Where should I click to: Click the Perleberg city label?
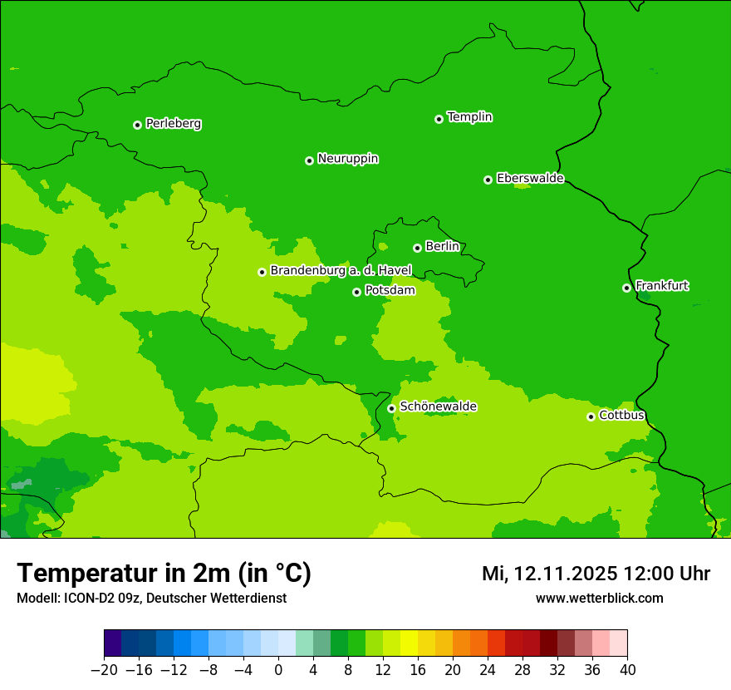tap(174, 124)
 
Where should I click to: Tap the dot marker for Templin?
tap(439, 119)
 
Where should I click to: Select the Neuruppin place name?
tap(348, 159)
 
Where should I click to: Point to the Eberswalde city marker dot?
tap(488, 180)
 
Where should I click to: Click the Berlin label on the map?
tap(442, 247)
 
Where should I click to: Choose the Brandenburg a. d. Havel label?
tap(341, 271)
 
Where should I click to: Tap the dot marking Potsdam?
tap(356, 292)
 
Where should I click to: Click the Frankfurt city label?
tap(662, 286)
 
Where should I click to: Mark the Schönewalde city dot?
tap(391, 408)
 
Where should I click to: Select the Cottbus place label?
tap(622, 415)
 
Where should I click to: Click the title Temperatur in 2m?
tap(164, 574)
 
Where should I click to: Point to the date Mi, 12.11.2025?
tap(548, 574)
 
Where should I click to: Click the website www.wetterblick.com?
tap(599, 598)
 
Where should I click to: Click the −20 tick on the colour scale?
tap(105, 670)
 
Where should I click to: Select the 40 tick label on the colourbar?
tap(627, 670)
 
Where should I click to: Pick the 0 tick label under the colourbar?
tap(278, 670)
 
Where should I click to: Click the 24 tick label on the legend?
tap(488, 670)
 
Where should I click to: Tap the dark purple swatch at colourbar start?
tap(113, 643)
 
